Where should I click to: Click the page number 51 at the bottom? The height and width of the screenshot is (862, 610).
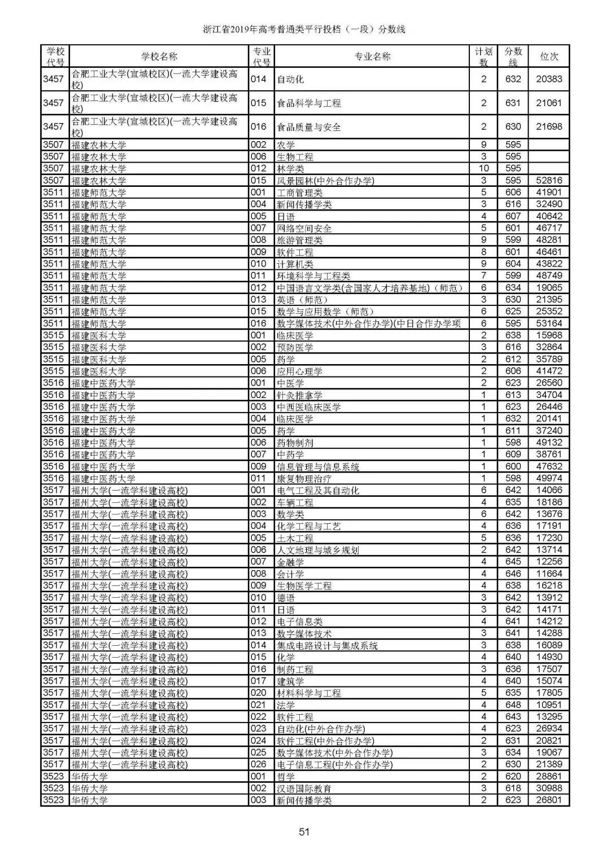(305, 831)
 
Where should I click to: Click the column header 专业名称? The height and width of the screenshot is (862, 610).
(372, 56)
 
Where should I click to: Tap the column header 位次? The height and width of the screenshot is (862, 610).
(549, 56)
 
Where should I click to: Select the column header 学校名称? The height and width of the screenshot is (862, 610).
(159, 56)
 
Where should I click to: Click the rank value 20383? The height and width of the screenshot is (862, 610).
(549, 79)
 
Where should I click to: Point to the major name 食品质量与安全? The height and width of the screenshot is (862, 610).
(308, 127)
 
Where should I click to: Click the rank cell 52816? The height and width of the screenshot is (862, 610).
(549, 181)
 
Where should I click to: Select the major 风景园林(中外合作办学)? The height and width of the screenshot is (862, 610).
(325, 181)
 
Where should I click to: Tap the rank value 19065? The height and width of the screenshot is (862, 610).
(549, 288)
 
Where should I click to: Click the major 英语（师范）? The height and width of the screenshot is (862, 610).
(302, 300)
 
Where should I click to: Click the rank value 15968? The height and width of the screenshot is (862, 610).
(549, 335)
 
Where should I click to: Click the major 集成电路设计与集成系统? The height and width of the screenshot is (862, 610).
(327, 645)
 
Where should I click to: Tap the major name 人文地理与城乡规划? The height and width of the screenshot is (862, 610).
(317, 550)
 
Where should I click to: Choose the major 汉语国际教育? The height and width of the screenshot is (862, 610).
(304, 789)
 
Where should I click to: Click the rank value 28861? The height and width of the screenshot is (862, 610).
(549, 777)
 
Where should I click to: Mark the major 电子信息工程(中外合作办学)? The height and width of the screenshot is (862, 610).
(334, 765)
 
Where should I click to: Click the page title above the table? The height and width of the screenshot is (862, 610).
(304, 29)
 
